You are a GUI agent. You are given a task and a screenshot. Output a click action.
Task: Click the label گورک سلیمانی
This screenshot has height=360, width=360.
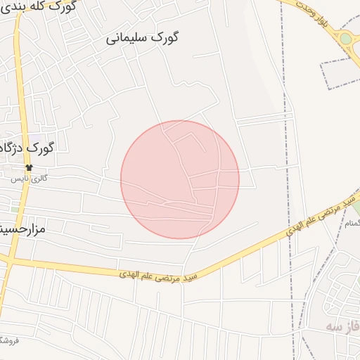(x=143, y=38)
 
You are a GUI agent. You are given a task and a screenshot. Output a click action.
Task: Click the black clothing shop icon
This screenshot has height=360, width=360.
(x=30, y=167)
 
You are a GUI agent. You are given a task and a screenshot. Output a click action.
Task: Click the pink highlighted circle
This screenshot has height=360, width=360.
(x=180, y=179)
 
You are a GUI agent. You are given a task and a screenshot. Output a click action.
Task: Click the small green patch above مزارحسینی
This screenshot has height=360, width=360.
(x=15, y=210)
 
